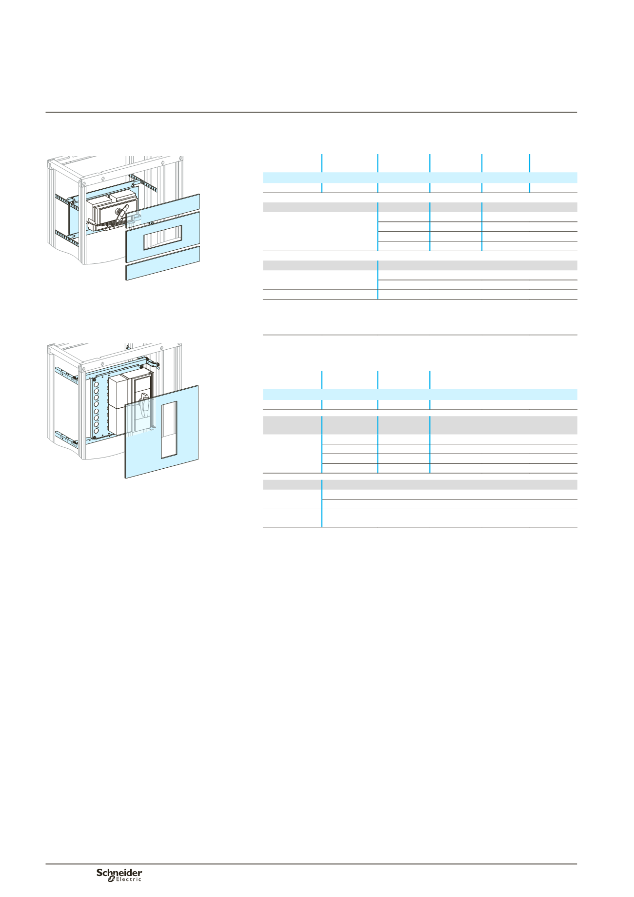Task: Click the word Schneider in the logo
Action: click(119, 873)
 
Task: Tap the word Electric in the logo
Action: click(128, 879)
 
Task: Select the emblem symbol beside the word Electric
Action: click(111, 878)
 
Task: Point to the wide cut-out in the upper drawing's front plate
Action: click(162, 238)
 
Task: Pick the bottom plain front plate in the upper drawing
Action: click(163, 263)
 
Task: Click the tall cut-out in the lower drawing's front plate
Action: click(169, 430)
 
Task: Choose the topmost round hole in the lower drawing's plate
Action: click(96, 385)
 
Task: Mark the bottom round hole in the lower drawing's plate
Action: click(96, 431)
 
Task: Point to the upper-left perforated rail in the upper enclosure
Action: click(66, 201)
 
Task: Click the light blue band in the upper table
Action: click(420, 178)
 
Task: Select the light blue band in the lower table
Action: click(420, 395)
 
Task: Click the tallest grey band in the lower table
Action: click(420, 425)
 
